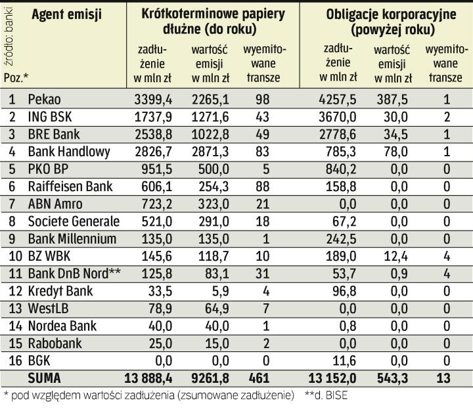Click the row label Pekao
pyautogui.click(x=44, y=100)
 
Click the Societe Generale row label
pyautogui.click(x=74, y=221)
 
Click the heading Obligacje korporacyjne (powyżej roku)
pyautogui.click(x=384, y=22)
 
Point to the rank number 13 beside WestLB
pyautogui.click(x=11, y=308)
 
